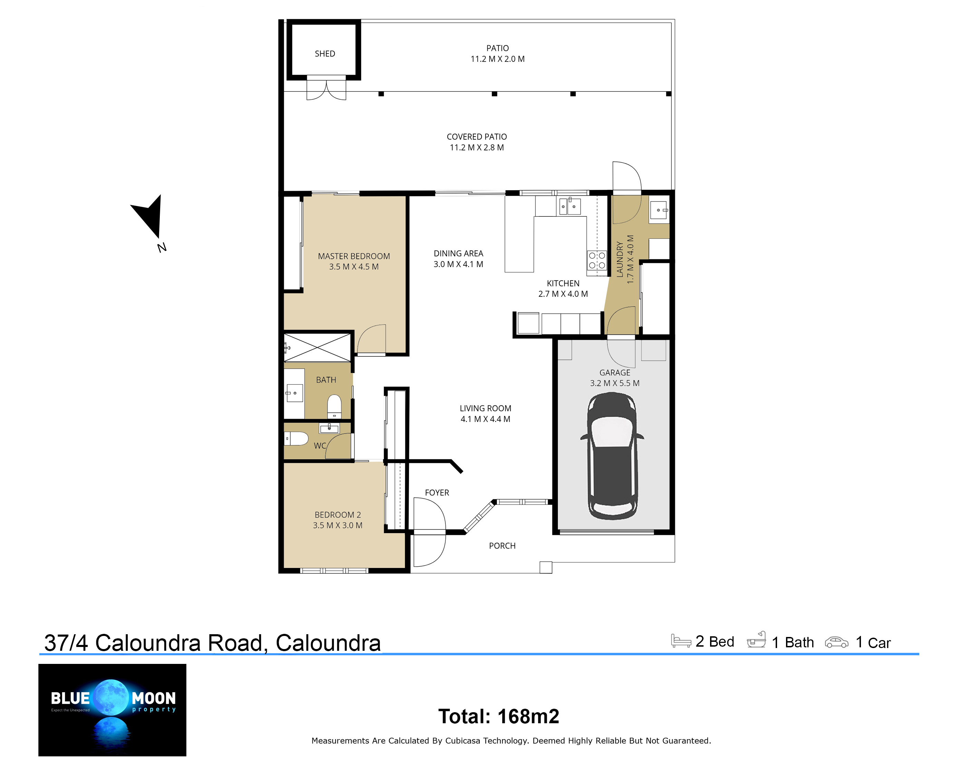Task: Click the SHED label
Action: click(x=325, y=53)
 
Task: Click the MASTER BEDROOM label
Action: click(x=354, y=256)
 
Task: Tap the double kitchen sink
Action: click(x=569, y=206)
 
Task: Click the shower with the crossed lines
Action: click(x=317, y=347)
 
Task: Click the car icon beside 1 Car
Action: click(x=836, y=642)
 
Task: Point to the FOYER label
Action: click(x=437, y=492)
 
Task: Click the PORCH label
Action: click(x=502, y=546)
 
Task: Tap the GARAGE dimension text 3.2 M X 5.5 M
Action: click(x=614, y=383)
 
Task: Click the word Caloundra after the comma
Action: click(x=328, y=643)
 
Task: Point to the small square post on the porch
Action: click(x=546, y=567)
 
